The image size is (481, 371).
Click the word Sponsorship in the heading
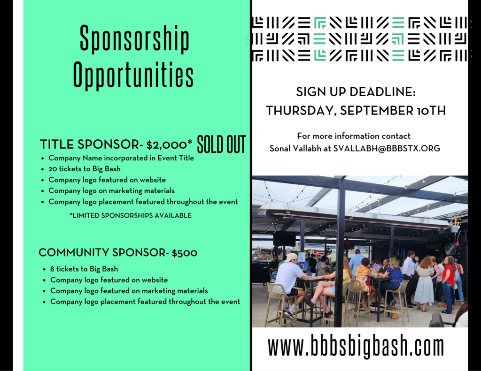(x=134, y=39)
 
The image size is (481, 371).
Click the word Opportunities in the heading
(x=133, y=75)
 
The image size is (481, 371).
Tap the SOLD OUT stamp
(x=221, y=144)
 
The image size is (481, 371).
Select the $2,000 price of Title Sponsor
(x=169, y=144)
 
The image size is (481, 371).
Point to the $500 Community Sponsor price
(x=184, y=253)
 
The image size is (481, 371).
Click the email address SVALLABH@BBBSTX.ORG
(x=387, y=148)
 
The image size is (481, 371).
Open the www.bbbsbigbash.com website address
(x=356, y=346)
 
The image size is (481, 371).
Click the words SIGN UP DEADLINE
(x=356, y=92)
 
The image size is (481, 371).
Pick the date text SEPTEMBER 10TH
(x=393, y=111)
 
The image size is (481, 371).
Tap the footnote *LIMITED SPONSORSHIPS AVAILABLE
(x=131, y=215)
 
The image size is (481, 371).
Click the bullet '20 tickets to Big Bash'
(x=85, y=169)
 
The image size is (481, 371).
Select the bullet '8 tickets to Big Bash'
(x=84, y=269)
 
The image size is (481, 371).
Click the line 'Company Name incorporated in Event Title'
(x=121, y=158)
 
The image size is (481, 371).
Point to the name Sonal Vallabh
(x=296, y=148)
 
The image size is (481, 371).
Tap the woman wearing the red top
(x=448, y=283)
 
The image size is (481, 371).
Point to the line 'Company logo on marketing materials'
(x=112, y=191)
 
